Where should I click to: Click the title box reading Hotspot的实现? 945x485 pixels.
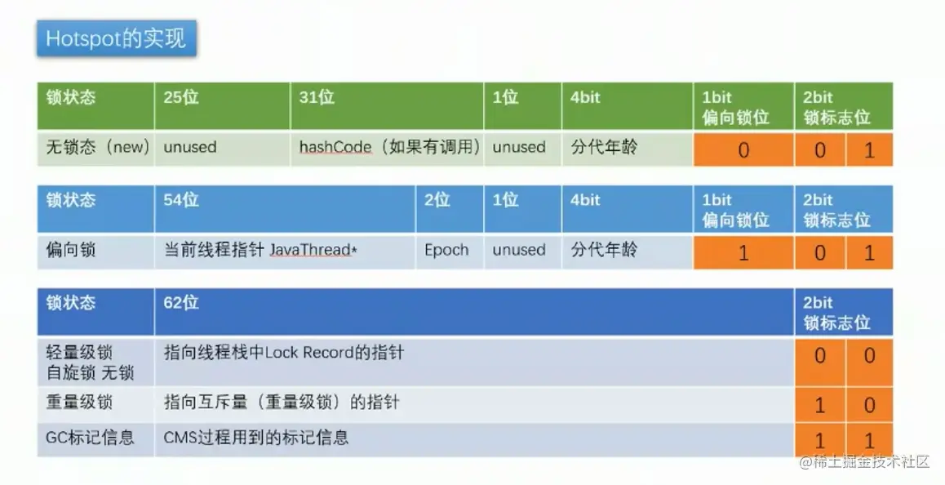click(x=117, y=38)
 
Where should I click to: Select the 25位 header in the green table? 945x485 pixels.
click(x=222, y=106)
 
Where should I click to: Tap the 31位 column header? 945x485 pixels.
click(x=387, y=106)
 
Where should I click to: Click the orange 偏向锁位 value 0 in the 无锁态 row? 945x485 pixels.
click(x=743, y=149)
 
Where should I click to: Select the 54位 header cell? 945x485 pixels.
click(x=285, y=209)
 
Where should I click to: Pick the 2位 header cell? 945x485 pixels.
click(x=450, y=209)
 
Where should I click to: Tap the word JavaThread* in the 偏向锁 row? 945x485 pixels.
click(x=313, y=250)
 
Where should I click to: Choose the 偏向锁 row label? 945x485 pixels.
click(x=70, y=250)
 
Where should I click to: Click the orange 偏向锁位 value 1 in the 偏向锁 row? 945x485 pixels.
click(x=743, y=252)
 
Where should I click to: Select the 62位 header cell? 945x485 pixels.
click(x=474, y=311)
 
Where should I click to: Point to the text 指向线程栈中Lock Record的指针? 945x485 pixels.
click(x=284, y=352)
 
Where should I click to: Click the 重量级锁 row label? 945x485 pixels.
click(x=79, y=403)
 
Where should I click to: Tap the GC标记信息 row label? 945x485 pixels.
click(x=90, y=438)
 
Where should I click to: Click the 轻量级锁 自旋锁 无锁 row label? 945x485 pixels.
click(x=90, y=363)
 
